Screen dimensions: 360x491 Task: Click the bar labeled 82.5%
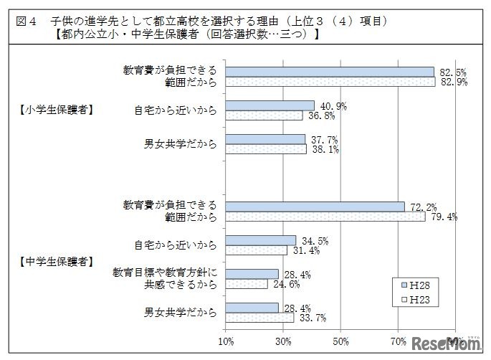[330, 72]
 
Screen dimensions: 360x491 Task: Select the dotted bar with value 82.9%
[330, 82]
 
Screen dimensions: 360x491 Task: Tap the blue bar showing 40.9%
[270, 105]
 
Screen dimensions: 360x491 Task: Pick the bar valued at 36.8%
[264, 115]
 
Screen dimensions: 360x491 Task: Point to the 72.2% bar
[315, 207]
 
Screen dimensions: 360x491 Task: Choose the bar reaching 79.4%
[325, 217]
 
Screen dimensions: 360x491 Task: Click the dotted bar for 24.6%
[247, 284]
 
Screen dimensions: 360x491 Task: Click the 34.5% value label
[312, 239]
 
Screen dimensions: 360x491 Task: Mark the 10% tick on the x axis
[227, 339]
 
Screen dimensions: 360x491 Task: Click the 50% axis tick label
[341, 339]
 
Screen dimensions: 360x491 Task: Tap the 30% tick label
[284, 339]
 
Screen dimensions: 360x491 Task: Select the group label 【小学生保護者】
[57, 110]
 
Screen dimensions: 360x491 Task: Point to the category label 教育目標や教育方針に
[164, 273]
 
